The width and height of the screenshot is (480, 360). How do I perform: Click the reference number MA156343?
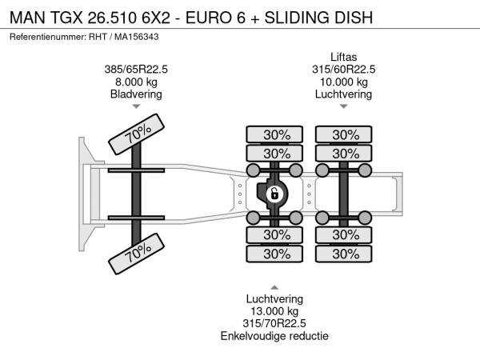137,37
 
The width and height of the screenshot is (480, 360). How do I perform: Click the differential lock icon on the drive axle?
274,194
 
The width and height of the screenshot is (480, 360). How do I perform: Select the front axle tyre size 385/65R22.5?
136,69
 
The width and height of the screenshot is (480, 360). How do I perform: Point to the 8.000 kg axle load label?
136,82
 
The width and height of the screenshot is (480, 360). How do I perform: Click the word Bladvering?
136,94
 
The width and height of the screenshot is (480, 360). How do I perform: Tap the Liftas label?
343,57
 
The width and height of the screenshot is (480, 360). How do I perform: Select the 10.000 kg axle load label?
343,82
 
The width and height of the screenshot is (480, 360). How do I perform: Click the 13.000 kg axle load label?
274,311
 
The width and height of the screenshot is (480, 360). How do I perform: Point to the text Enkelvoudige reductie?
274,336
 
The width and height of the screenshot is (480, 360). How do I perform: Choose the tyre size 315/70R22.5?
274,323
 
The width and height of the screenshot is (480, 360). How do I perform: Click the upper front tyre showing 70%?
137,134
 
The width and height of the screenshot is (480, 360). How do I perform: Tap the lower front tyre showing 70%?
137,254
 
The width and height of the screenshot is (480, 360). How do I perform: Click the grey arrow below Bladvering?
136,106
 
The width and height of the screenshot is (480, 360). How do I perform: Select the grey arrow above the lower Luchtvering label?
274,287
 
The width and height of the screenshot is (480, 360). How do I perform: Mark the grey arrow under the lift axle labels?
343,106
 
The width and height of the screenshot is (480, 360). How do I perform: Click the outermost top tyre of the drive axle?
274,134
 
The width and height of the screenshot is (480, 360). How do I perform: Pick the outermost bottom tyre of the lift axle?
344,254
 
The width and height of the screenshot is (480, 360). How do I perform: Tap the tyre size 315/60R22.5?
343,69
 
